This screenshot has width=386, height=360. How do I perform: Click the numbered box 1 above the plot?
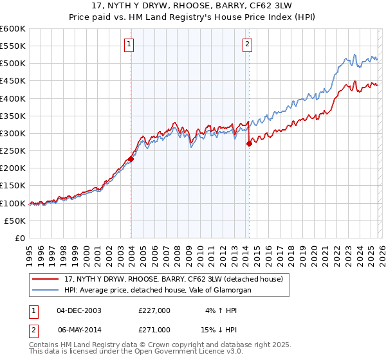pos(129,44)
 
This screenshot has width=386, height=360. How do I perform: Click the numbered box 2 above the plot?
pos(248,44)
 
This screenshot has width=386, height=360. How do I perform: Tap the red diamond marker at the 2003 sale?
pos(131,159)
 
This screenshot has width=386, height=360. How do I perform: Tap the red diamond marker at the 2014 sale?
pos(249,144)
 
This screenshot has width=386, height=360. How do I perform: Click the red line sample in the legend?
pos(46,280)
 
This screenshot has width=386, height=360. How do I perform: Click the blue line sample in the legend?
pos(46,291)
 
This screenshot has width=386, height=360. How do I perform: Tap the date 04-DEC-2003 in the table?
pos(79,310)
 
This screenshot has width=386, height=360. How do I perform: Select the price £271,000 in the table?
pos(154,329)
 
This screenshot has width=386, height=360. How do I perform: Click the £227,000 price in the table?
pos(154,310)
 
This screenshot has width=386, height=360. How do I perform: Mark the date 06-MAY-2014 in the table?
pos(79,329)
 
